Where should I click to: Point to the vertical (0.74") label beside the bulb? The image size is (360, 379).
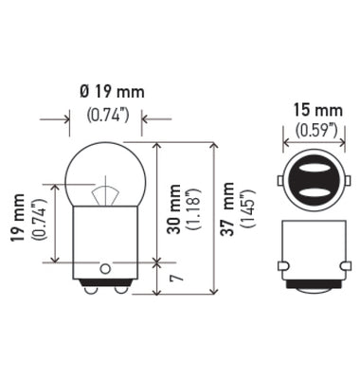(x=39, y=220)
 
